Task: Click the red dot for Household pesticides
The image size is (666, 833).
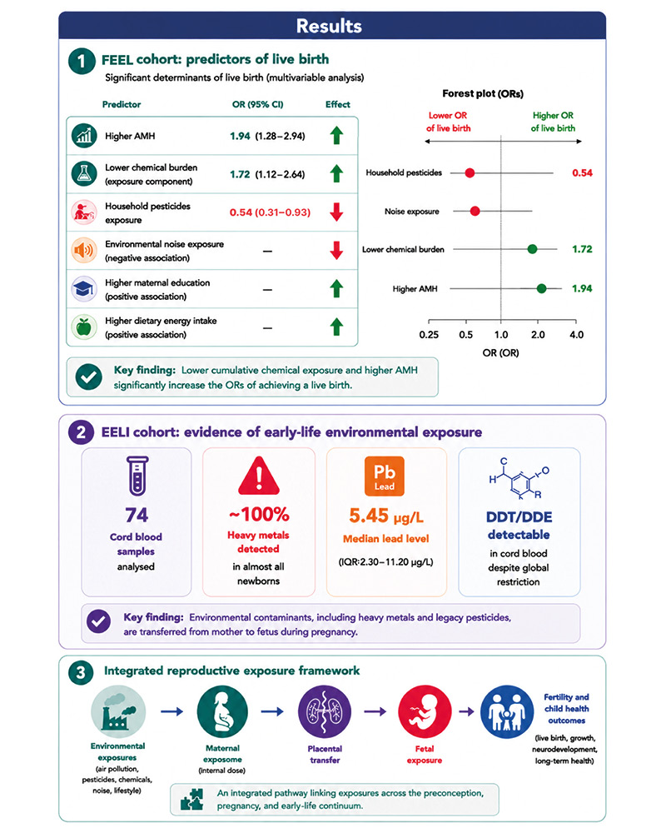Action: (x=470, y=172)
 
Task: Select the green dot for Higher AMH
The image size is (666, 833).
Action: (x=541, y=288)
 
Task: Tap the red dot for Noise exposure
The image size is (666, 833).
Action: (x=475, y=211)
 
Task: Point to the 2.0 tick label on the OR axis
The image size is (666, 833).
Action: (x=538, y=335)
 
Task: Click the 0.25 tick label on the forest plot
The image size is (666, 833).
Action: (x=429, y=335)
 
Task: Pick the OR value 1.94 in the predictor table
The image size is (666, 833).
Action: (x=240, y=136)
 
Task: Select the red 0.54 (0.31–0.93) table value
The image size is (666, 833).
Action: (x=270, y=212)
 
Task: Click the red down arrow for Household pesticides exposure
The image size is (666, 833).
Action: (x=336, y=212)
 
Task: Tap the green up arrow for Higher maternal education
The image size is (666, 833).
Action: (x=336, y=288)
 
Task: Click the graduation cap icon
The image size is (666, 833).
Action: (x=84, y=289)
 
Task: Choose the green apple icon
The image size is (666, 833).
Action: (x=84, y=327)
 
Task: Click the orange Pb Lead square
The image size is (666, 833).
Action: (x=385, y=476)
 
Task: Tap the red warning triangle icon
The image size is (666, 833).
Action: (x=259, y=476)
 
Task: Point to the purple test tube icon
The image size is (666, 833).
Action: (x=137, y=476)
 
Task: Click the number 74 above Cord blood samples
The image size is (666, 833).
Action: (x=137, y=515)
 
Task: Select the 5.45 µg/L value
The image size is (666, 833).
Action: (x=386, y=516)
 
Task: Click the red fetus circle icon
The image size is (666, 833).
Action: (x=425, y=712)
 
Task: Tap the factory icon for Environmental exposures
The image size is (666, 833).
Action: (x=117, y=712)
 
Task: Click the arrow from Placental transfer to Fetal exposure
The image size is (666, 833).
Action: (x=375, y=712)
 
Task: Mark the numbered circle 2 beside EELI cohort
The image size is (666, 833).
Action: (x=82, y=432)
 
